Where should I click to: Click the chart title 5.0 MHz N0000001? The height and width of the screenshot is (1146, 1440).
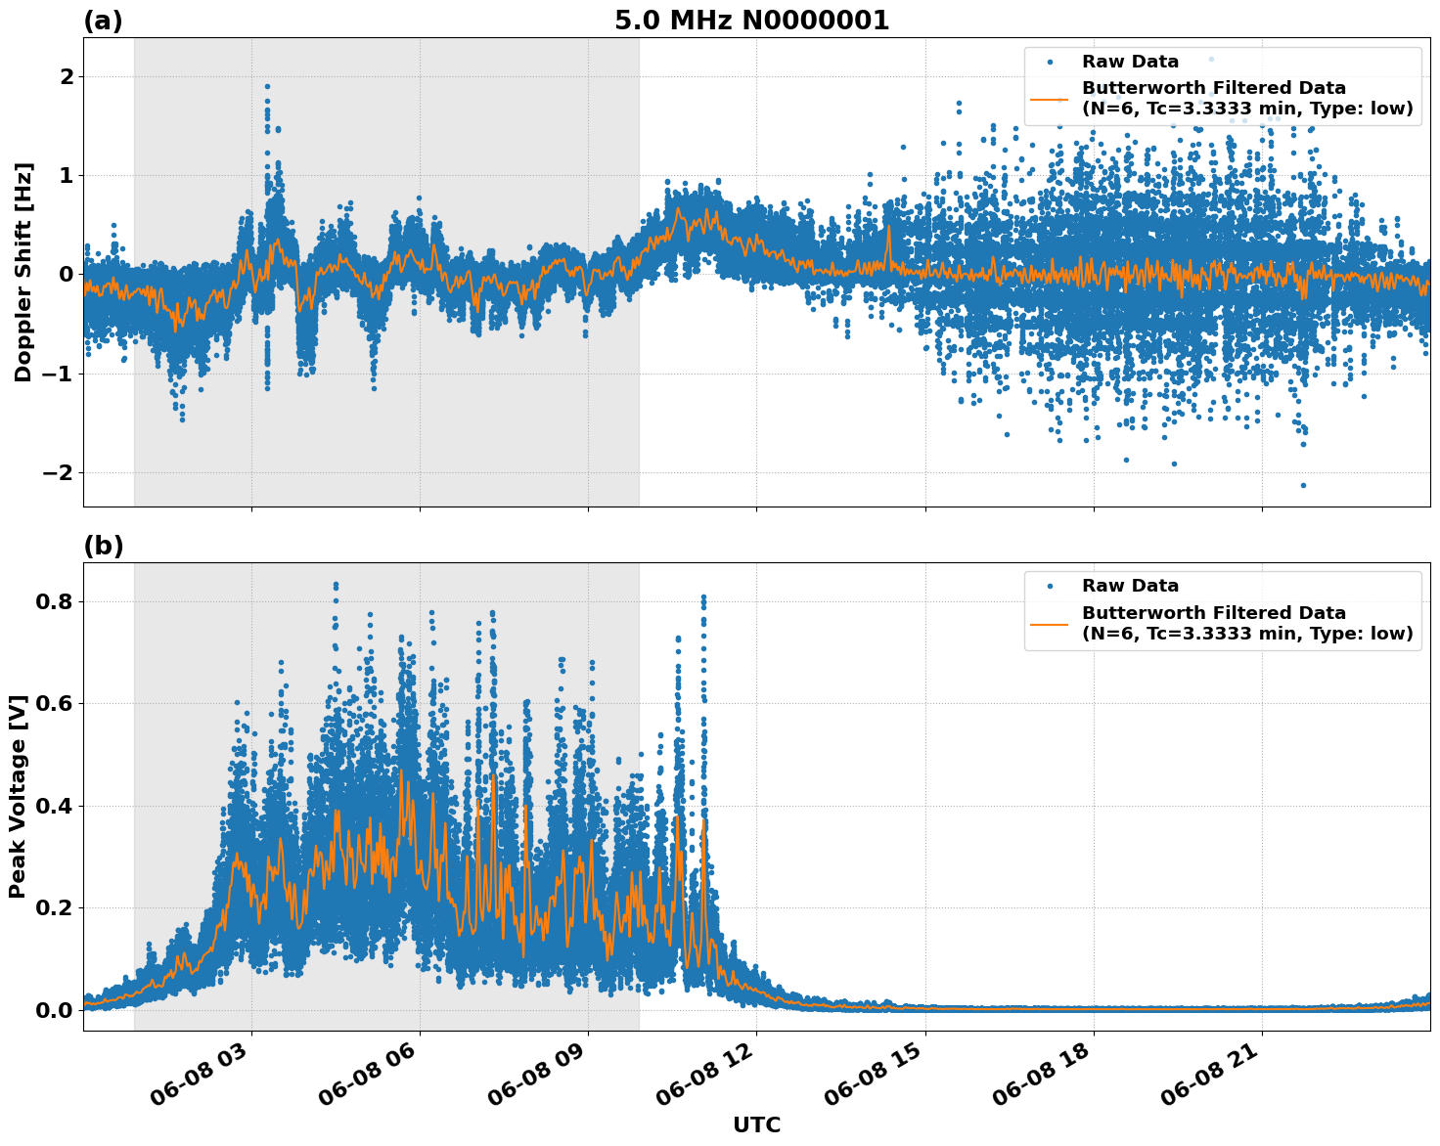[x=751, y=21]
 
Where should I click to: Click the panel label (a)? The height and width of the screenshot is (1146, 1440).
[x=103, y=21]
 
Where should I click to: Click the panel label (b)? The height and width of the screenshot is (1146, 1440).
[x=103, y=546]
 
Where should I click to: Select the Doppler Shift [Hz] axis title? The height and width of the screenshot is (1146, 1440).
[x=23, y=272]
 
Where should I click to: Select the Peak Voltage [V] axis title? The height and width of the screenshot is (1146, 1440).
[x=18, y=796]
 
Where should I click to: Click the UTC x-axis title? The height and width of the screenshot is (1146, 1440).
[x=756, y=1124]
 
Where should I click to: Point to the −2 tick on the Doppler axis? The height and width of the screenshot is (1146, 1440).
[x=58, y=472]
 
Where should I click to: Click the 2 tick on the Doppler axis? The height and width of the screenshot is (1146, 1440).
[x=66, y=76]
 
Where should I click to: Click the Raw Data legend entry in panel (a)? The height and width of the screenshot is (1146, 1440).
[x=1130, y=62]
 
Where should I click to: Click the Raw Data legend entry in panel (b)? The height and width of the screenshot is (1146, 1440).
[x=1130, y=586]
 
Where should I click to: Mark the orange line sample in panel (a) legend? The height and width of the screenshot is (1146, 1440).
[x=1050, y=99]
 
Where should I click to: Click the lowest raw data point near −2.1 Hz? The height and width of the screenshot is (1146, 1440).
[x=1303, y=485]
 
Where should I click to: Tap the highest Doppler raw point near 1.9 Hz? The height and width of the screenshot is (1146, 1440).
[x=267, y=86]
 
